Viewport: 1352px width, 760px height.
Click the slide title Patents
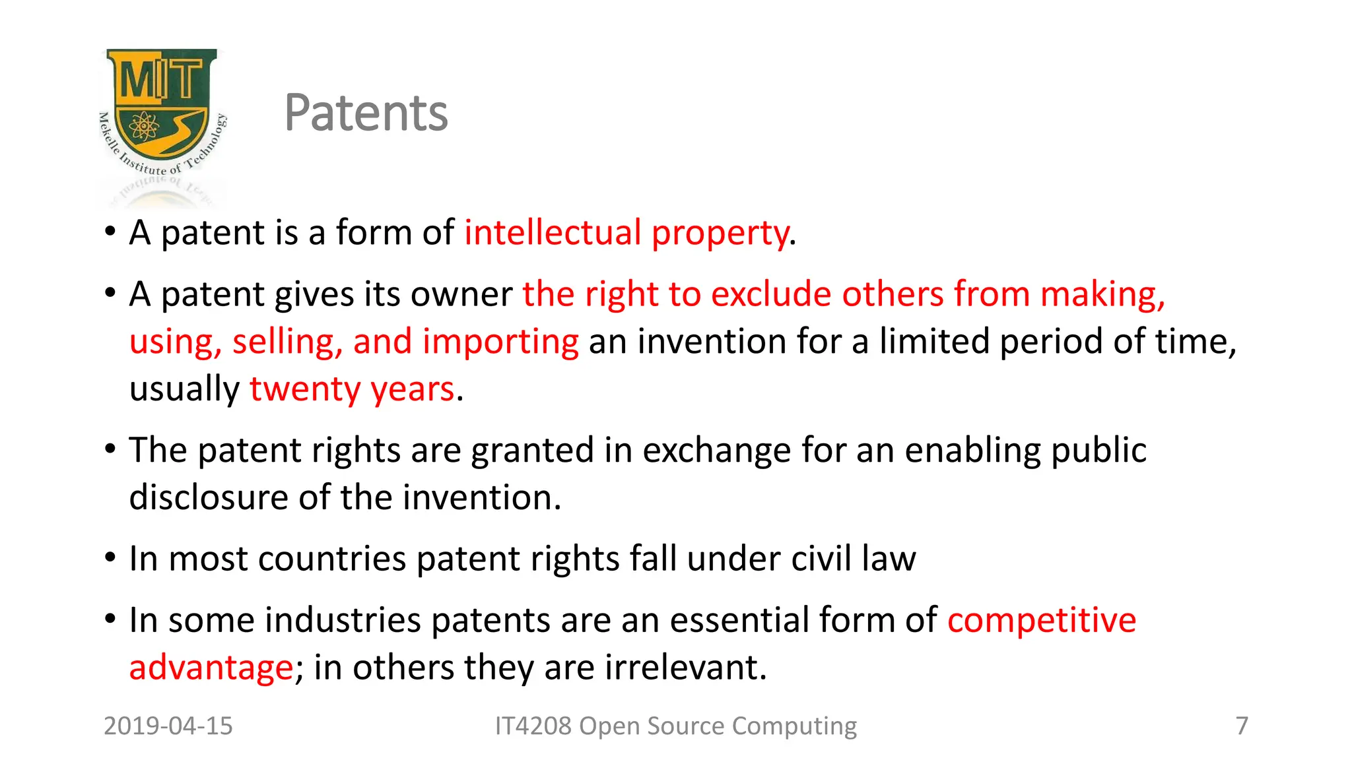tap(366, 113)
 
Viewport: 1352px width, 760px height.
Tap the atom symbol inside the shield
tap(143, 125)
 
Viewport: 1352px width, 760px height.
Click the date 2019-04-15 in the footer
tap(168, 726)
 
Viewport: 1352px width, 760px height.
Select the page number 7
tap(1242, 726)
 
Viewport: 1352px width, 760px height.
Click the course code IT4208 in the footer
tap(533, 726)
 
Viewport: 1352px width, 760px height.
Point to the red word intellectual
tap(553, 233)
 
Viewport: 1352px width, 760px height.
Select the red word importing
tap(500, 342)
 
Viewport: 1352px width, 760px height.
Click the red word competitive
tap(1042, 621)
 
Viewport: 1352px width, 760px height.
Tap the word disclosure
tap(208, 497)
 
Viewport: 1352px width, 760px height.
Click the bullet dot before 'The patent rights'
tap(110, 450)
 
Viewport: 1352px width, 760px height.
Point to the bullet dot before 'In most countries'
tap(110, 558)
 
